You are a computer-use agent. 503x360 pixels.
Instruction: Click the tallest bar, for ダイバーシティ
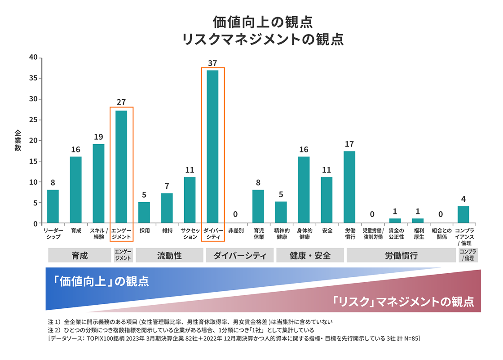(212, 147)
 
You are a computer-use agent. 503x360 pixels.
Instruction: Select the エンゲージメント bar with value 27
(121, 167)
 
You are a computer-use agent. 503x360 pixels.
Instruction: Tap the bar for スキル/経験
(98, 183)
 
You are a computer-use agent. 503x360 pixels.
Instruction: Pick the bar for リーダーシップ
(53, 206)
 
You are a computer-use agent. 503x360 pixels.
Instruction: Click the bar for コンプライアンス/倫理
(463, 214)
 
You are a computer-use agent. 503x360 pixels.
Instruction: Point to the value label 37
(212, 63)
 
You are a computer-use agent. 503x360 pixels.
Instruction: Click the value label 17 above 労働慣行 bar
(349, 144)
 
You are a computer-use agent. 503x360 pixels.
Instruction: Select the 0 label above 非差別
(235, 214)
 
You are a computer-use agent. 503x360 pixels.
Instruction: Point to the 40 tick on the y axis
(33, 58)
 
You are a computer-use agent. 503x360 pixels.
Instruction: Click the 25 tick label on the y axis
(33, 120)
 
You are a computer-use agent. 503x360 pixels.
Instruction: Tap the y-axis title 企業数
(18, 140)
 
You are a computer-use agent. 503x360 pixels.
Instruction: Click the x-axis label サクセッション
(190, 234)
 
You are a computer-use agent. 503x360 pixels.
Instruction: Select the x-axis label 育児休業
(258, 234)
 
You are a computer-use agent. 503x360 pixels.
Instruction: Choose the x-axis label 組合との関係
(440, 234)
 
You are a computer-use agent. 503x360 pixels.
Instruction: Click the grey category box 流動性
(169, 256)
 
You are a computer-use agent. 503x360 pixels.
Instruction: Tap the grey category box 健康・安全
(310, 256)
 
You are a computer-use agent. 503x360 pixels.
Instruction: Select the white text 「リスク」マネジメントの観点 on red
(403, 300)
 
